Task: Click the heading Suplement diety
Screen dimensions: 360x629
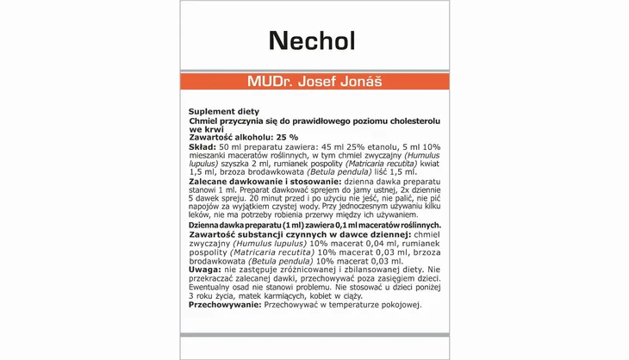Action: (218, 112)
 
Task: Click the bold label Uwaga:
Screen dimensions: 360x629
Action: (206, 270)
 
